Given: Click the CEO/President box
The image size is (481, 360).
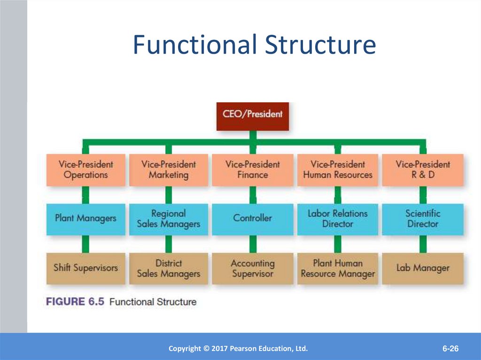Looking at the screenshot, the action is click(x=252, y=116).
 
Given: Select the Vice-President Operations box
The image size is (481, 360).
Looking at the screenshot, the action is click(x=86, y=170).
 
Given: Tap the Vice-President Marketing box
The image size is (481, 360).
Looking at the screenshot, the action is click(x=169, y=170).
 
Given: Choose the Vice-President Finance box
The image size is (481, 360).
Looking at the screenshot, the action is click(x=252, y=170).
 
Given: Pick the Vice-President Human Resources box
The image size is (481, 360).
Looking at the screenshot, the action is click(x=337, y=170).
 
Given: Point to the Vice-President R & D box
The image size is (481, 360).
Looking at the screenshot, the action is click(x=423, y=170).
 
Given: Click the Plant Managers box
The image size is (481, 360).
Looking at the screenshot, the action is click(x=86, y=219).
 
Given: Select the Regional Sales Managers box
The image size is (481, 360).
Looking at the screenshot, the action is click(x=169, y=219).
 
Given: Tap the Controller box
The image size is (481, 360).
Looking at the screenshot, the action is click(x=252, y=219).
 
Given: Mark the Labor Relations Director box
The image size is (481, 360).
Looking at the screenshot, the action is click(x=337, y=219).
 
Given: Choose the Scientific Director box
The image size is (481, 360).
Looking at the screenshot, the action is click(x=423, y=219).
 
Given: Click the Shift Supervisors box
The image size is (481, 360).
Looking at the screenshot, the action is click(x=86, y=268).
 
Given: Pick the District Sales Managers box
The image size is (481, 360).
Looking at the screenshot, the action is click(x=169, y=268).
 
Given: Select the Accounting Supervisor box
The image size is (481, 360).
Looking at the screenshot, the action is click(x=252, y=268).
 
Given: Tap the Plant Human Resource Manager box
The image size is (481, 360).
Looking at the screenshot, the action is click(x=337, y=268).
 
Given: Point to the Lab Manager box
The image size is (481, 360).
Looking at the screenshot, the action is click(x=423, y=268).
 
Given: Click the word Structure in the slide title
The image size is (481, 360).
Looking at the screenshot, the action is click(x=320, y=44).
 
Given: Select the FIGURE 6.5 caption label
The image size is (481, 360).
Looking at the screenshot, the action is click(x=75, y=301).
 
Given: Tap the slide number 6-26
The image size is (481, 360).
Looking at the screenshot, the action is click(x=450, y=348).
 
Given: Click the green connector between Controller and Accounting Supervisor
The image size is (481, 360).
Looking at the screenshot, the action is click(x=253, y=244).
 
